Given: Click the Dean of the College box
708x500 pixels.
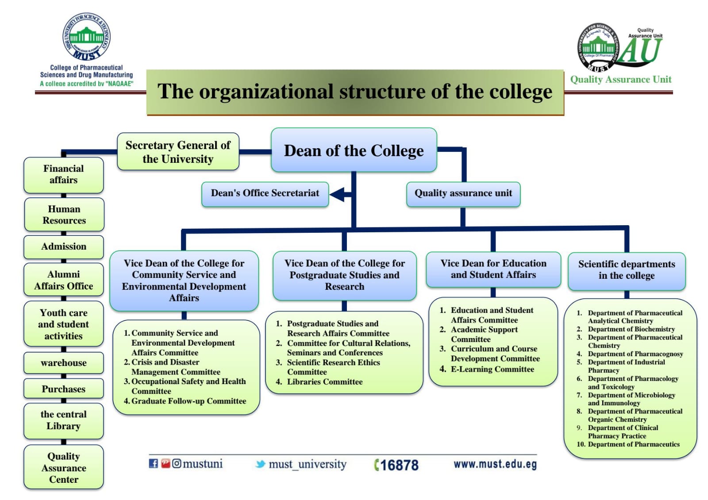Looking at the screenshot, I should (x=354, y=150).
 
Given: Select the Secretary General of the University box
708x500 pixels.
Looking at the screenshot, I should (x=178, y=152).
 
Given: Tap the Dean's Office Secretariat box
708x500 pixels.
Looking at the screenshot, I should (x=265, y=193).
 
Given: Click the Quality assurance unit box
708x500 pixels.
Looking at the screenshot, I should (x=463, y=193).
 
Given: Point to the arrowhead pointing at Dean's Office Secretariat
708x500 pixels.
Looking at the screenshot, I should (x=337, y=194).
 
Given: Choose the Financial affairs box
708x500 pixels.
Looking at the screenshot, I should (x=63, y=174).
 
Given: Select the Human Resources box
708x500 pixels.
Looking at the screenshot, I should (x=64, y=215).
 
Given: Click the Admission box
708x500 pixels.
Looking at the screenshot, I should (x=64, y=246).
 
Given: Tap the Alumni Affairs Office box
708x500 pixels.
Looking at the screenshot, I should (x=64, y=280).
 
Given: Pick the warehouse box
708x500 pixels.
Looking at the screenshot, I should (x=64, y=363).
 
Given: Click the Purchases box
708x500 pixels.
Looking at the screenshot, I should (x=64, y=389).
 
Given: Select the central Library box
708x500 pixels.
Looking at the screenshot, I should (x=64, y=420).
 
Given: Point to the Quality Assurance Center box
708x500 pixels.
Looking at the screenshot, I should (x=64, y=468).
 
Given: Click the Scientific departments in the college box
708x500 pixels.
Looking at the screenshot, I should (x=627, y=270).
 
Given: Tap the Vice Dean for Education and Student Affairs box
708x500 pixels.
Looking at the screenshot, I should (x=493, y=269).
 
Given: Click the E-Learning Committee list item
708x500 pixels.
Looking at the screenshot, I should (x=492, y=369).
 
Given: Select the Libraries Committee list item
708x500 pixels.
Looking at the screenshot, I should (x=324, y=382).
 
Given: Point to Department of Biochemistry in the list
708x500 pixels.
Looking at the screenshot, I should (x=631, y=329).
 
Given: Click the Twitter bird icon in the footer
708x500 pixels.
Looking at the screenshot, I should (x=261, y=464).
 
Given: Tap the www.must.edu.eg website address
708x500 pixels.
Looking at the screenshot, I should (x=495, y=464).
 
